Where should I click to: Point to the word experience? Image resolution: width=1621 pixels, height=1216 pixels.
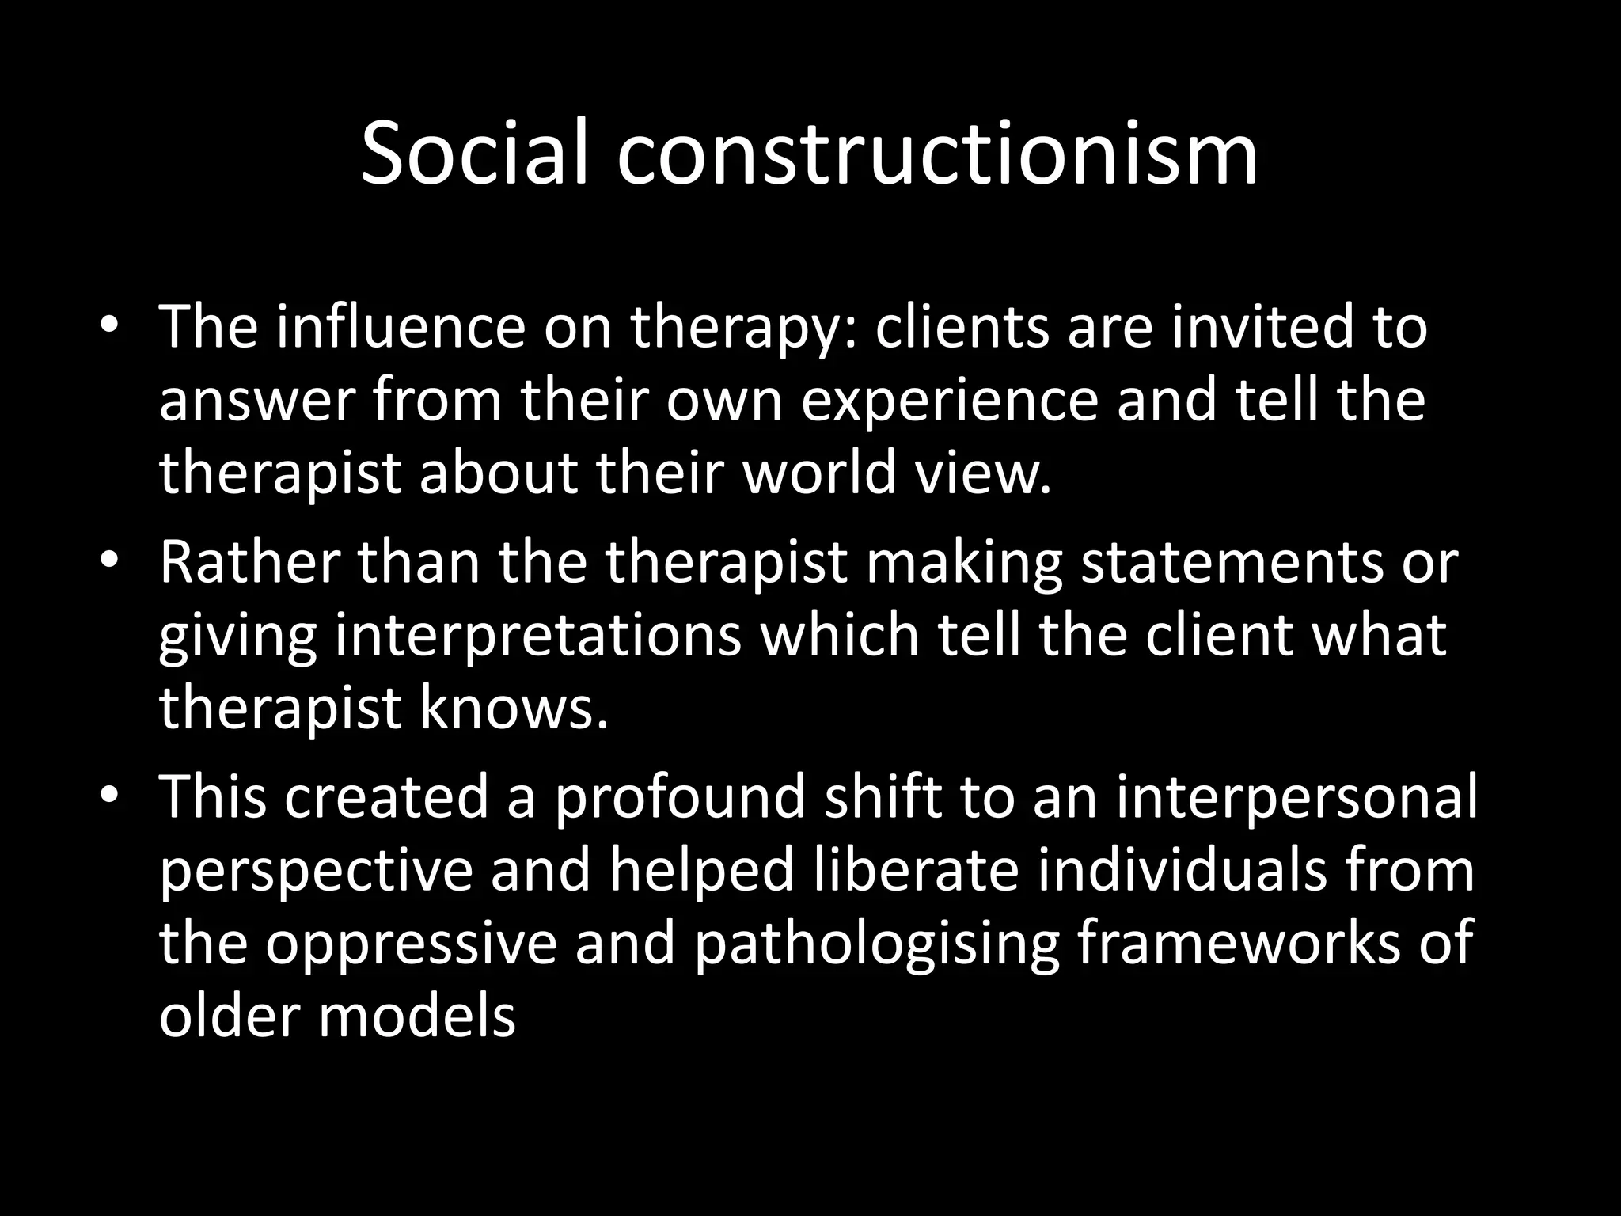point(950,401)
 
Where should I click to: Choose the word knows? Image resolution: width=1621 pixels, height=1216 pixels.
point(514,708)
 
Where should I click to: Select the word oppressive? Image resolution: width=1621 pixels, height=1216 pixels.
point(411,944)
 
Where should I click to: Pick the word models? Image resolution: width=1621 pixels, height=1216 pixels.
point(416,1016)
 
